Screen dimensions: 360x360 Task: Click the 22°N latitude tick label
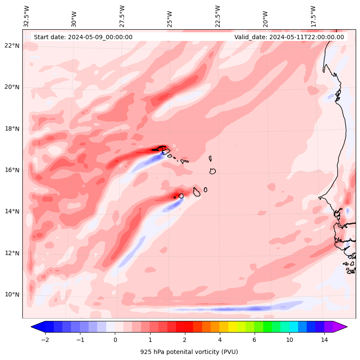point(12,46)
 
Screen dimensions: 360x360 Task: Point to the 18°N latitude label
point(12,129)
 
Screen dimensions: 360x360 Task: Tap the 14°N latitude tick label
point(12,211)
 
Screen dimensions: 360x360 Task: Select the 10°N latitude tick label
point(12,295)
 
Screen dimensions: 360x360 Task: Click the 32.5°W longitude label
point(27,16)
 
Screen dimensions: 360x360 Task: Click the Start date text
point(83,37)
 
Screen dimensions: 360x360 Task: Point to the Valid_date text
point(289,37)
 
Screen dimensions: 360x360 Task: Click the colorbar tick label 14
point(324,340)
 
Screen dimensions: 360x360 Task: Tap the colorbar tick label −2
point(45,340)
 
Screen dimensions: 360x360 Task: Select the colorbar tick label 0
point(115,340)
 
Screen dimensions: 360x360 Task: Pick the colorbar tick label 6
point(255,340)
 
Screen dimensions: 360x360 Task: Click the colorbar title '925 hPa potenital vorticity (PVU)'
point(189,352)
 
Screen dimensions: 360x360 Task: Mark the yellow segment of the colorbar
point(232,326)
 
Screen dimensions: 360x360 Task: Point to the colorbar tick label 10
point(289,340)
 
